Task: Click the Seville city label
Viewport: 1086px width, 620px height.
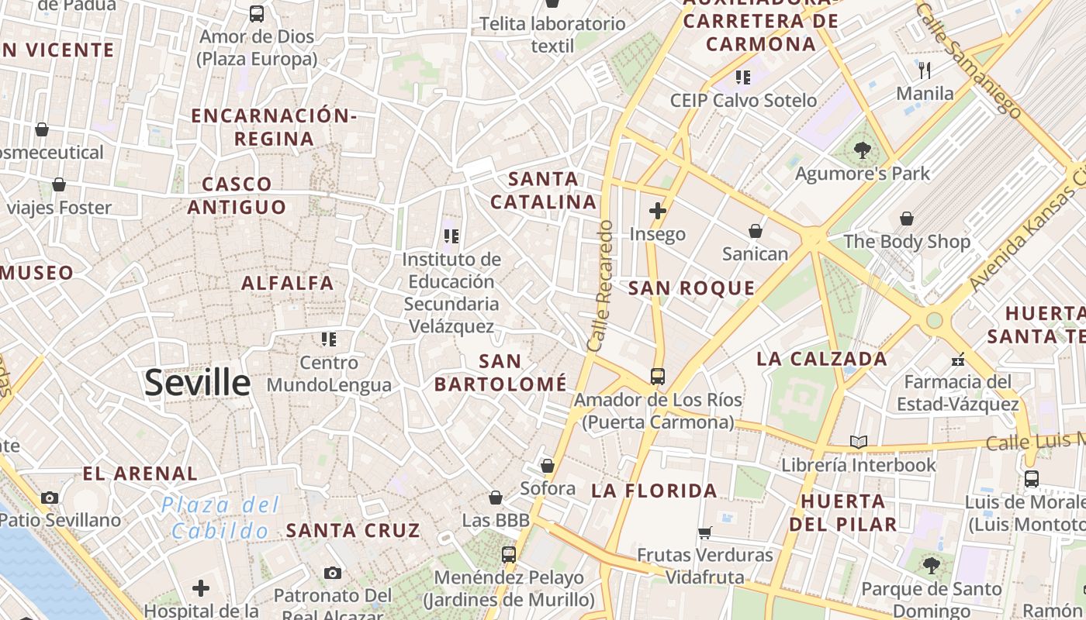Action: (x=198, y=383)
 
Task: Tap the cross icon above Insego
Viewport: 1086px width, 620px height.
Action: (x=658, y=210)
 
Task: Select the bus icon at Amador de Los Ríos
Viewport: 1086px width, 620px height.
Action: (x=658, y=377)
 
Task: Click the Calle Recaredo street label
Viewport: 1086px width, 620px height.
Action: (x=600, y=286)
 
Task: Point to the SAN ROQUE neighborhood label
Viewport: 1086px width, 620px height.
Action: (x=691, y=288)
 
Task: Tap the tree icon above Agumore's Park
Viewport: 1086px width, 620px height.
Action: (x=862, y=150)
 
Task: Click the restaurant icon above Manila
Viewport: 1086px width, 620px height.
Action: (x=924, y=71)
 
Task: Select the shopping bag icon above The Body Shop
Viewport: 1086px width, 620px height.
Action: (x=906, y=219)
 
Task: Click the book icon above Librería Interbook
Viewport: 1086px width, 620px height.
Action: (x=858, y=442)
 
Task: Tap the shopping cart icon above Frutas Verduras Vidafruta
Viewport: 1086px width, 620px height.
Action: (x=704, y=532)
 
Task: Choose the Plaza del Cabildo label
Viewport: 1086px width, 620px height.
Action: (x=220, y=518)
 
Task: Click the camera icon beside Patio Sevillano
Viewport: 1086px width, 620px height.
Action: (x=50, y=498)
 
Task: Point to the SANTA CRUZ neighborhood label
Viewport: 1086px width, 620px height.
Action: (x=353, y=531)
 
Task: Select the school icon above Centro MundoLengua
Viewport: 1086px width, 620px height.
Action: (x=329, y=339)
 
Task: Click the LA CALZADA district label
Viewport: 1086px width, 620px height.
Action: (x=821, y=359)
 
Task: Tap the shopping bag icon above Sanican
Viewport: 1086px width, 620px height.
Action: (x=755, y=231)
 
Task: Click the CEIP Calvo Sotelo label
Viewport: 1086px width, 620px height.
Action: (x=743, y=101)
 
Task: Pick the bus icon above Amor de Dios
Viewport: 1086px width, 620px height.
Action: (x=256, y=13)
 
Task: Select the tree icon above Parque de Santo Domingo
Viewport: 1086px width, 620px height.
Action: (x=931, y=566)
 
